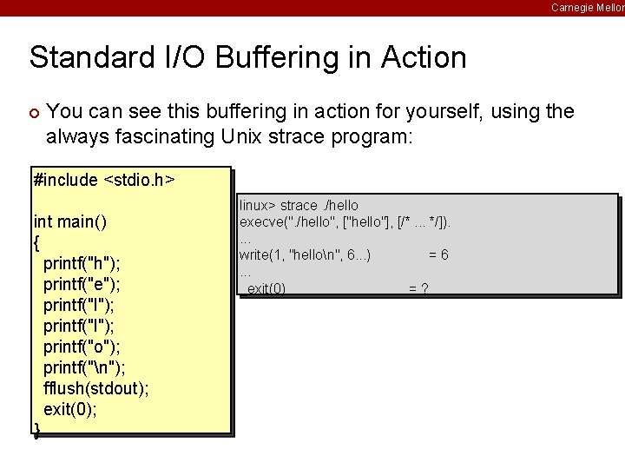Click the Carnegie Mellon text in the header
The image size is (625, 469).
pyautogui.click(x=587, y=8)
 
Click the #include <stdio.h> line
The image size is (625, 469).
pyautogui.click(x=103, y=181)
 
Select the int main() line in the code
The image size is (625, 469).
pyautogui.click(x=69, y=221)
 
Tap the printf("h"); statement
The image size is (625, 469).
pyautogui.click(x=82, y=263)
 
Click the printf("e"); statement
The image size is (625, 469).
pyautogui.click(x=82, y=284)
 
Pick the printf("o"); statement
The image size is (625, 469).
pyautogui.click(x=82, y=347)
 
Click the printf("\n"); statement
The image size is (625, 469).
pyautogui.click(x=83, y=367)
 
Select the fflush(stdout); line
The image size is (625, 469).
pyautogui.click(x=95, y=388)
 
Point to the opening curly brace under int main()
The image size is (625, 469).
pyautogui.click(x=36, y=242)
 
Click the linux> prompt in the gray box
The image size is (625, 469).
pyautogui.click(x=257, y=206)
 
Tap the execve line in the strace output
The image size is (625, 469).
pyautogui.click(x=345, y=221)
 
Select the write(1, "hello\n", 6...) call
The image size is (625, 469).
pyautogui.click(x=305, y=254)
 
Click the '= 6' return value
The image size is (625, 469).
pyautogui.click(x=438, y=254)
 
